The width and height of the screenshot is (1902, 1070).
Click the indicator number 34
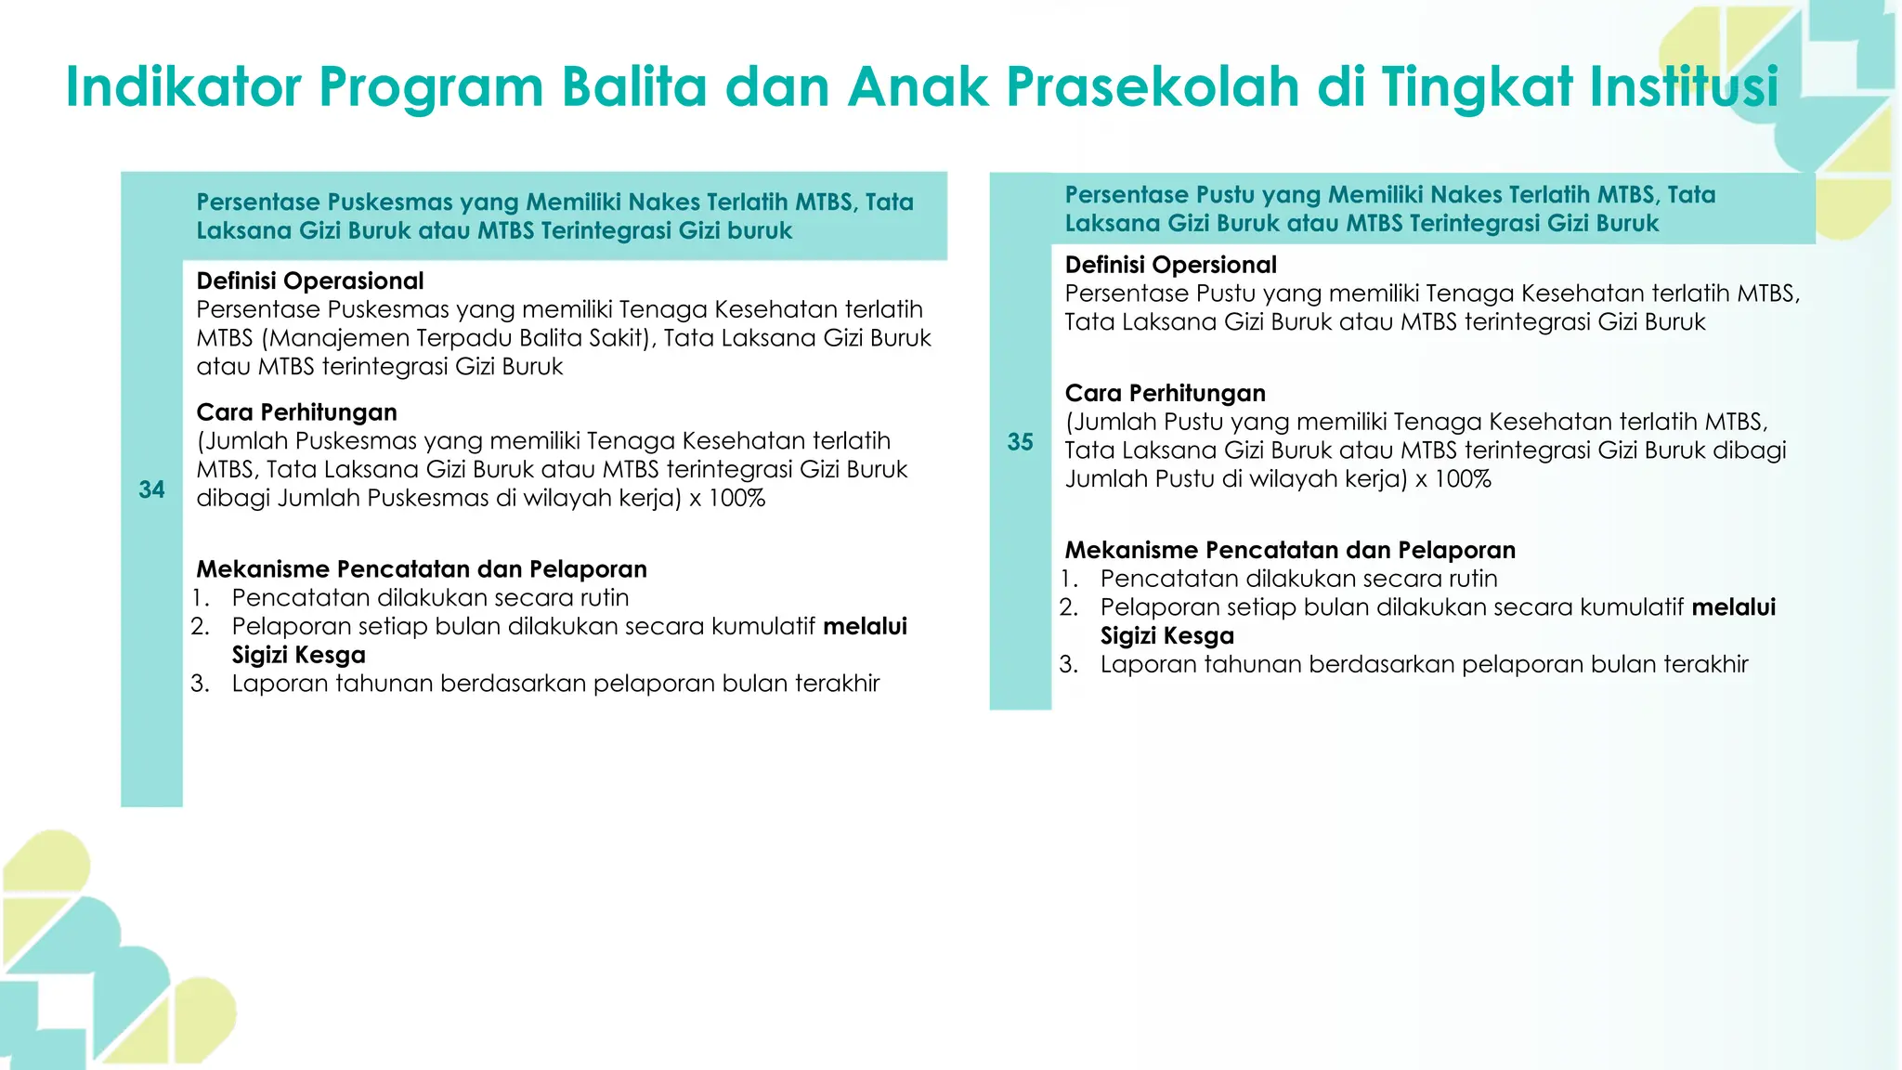151,489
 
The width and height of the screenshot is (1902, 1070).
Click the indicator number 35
1020,442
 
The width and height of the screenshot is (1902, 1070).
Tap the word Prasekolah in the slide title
1153,87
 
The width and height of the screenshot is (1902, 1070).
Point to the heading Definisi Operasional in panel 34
309,281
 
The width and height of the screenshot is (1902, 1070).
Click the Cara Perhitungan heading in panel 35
1165,393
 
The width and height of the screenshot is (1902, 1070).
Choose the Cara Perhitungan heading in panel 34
296,412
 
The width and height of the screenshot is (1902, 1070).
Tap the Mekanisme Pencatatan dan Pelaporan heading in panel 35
1290,550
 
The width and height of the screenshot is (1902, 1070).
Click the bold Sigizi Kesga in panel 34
298,655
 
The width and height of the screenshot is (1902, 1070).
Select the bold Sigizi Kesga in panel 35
1166,636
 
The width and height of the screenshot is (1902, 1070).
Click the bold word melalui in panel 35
1733,607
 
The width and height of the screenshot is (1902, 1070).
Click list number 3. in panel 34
201,685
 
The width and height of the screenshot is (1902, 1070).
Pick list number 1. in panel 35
1069,580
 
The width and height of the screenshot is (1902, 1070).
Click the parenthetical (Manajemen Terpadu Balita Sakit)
459,338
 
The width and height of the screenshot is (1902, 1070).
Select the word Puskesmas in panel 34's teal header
390,202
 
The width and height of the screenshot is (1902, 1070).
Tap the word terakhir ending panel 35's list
1705,665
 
